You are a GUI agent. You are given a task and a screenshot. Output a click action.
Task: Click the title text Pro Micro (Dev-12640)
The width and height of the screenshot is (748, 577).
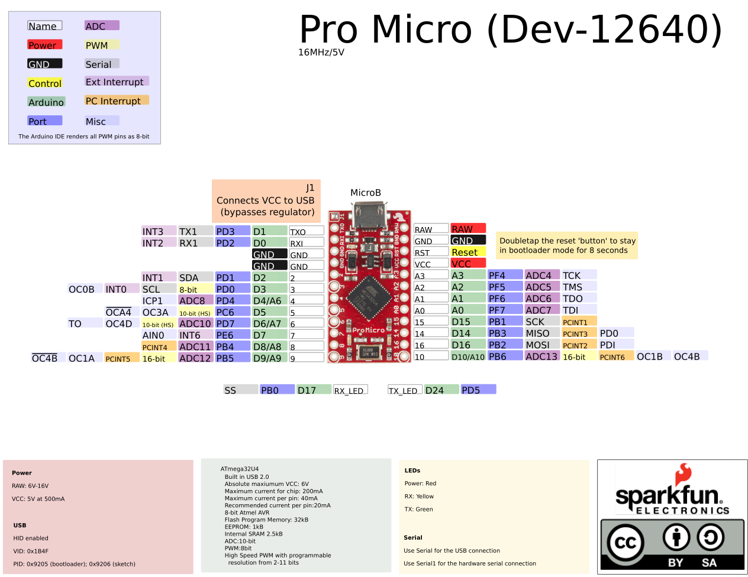click(x=511, y=29)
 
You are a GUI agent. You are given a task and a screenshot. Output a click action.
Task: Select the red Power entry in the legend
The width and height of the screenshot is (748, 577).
click(x=44, y=45)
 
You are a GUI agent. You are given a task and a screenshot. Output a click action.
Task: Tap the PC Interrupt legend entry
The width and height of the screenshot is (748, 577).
click(x=116, y=101)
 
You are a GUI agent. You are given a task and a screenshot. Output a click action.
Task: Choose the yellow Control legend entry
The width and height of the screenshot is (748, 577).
click(x=44, y=83)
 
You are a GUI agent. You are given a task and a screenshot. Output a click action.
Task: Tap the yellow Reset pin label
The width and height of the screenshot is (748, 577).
click(x=468, y=252)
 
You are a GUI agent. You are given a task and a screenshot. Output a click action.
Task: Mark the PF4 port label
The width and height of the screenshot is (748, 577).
click(x=504, y=275)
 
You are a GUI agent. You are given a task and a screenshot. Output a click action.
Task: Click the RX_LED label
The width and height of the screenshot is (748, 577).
click(x=350, y=390)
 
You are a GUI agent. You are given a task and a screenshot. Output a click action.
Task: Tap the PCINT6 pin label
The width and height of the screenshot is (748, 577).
click(x=615, y=356)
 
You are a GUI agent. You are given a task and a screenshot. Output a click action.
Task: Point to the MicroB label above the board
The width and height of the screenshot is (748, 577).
click(x=366, y=193)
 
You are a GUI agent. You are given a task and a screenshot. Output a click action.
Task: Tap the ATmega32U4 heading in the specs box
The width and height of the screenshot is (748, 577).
click(x=240, y=469)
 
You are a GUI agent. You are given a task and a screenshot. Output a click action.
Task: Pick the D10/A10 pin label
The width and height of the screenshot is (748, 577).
click(x=468, y=356)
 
